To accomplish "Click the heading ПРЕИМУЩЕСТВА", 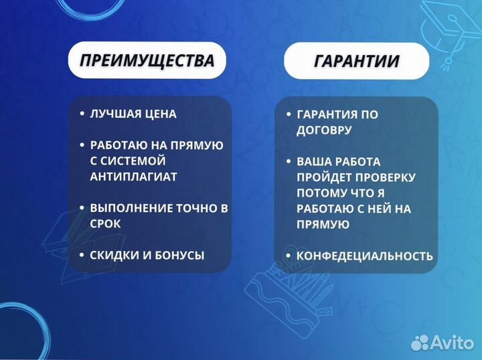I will click(147, 61).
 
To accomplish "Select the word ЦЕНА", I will click(161, 114).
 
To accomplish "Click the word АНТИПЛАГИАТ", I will click(134, 177).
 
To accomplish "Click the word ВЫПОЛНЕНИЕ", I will click(129, 208).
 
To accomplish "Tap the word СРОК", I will click(105, 224).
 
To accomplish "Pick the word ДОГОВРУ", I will click(324, 130).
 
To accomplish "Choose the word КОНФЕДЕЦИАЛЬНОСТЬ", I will click(365, 256).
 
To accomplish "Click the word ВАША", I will click(313, 162).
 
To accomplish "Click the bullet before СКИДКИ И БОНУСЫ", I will click(81, 255).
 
